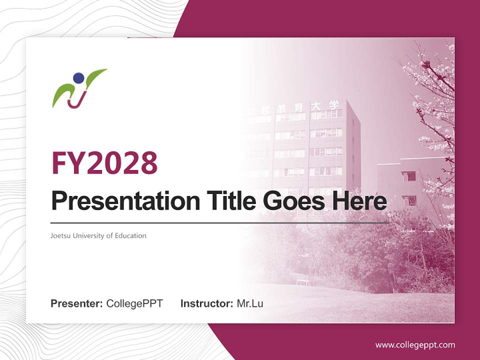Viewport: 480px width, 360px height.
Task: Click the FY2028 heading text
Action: (104, 163)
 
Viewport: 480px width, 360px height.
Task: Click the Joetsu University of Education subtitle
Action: (98, 235)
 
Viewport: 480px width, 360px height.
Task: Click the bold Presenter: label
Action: (77, 303)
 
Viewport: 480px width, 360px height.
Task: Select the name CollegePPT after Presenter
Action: (134, 303)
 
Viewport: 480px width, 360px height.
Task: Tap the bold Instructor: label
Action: (206, 303)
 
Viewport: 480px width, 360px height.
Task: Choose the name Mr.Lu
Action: (250, 303)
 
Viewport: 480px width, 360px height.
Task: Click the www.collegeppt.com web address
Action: (415, 345)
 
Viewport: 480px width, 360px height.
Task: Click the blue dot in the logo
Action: (78, 78)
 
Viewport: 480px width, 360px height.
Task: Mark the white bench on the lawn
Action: (303, 282)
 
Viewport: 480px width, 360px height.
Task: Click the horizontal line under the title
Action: (220, 223)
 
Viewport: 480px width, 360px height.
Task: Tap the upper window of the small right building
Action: (408, 176)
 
